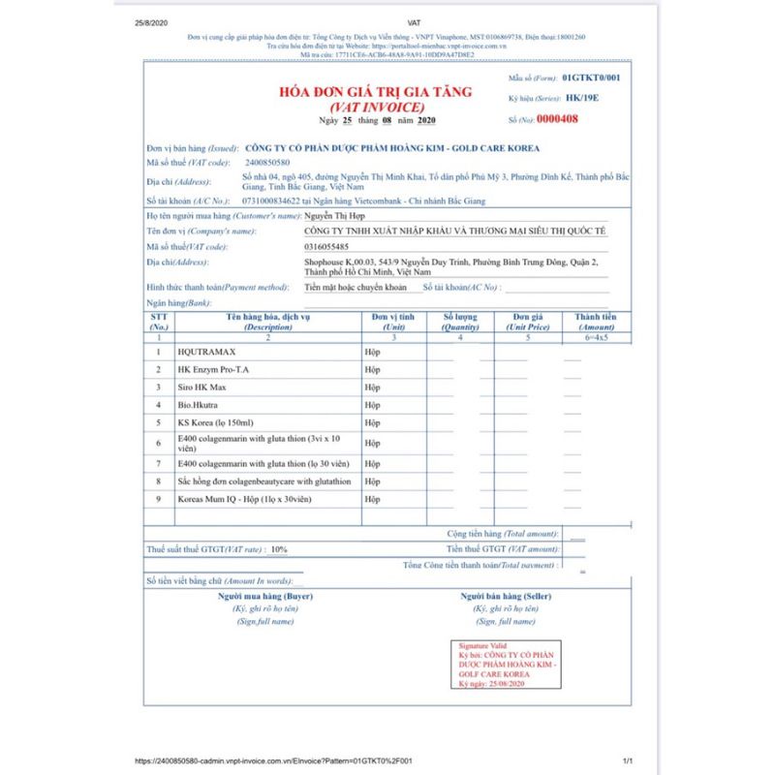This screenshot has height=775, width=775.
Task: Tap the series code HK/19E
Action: pyautogui.click(x=582, y=99)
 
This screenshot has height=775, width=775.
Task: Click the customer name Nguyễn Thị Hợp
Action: pyautogui.click(x=336, y=217)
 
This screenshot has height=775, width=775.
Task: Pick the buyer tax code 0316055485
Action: pyautogui.click(x=329, y=247)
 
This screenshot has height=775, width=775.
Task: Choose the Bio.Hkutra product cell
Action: pyautogui.click(x=199, y=405)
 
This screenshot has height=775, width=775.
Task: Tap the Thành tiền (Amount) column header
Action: pyautogui.click(x=595, y=322)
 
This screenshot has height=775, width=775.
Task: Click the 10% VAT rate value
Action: pyautogui.click(x=279, y=549)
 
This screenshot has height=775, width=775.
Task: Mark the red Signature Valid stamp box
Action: pyautogui.click(x=507, y=665)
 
